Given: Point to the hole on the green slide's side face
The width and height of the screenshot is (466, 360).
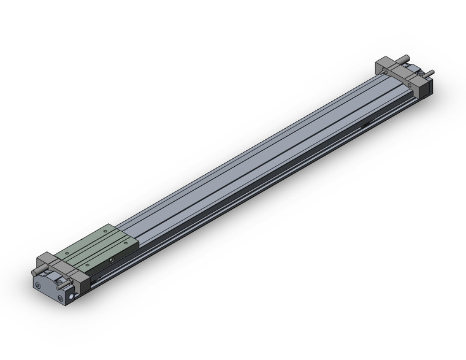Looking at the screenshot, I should [112, 261].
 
